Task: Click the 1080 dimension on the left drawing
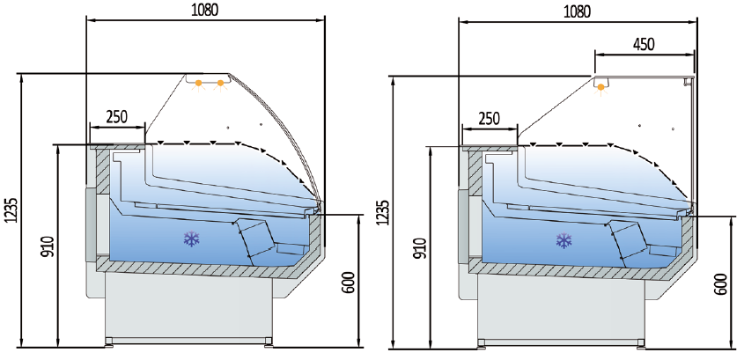(x=204, y=10)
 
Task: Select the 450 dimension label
(x=643, y=45)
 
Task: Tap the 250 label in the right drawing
(x=489, y=119)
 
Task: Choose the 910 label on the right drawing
(x=419, y=250)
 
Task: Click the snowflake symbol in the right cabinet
(x=562, y=240)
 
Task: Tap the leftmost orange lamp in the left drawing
(x=199, y=84)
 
